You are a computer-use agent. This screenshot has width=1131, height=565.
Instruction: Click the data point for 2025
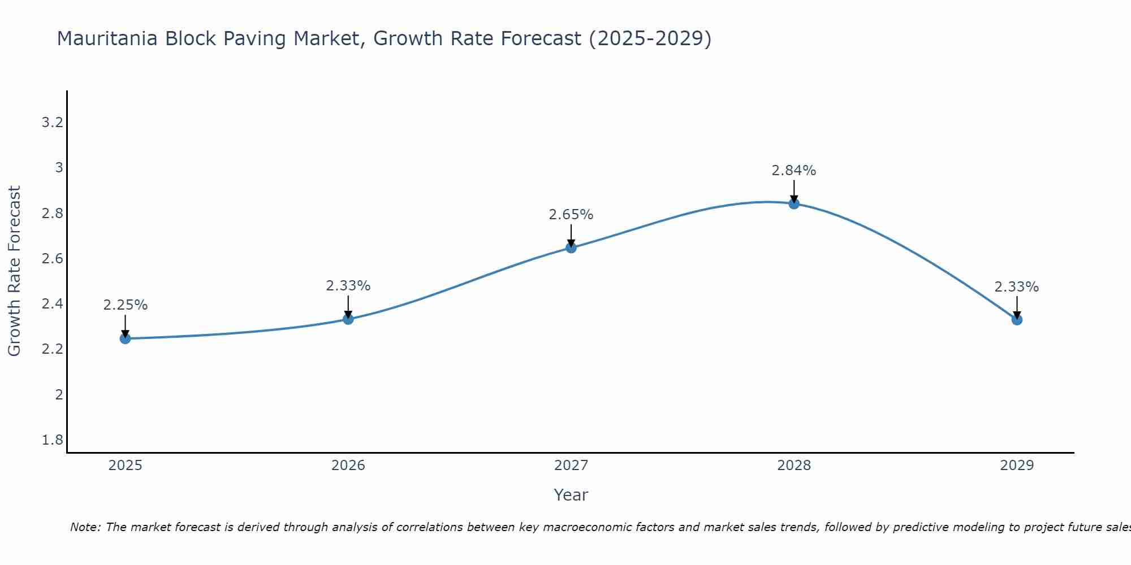tap(126, 338)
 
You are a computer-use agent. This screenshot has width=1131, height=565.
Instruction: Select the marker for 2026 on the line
tap(348, 319)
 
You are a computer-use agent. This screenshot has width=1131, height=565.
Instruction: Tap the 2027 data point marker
tap(571, 247)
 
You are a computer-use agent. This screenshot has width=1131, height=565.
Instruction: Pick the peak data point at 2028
tap(794, 204)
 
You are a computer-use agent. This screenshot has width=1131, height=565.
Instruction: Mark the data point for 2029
tap(1017, 320)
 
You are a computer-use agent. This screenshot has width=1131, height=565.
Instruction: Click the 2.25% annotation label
tap(126, 305)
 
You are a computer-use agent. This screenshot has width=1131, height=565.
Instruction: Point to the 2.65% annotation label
tap(571, 215)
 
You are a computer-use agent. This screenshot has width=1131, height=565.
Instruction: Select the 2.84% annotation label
tap(794, 171)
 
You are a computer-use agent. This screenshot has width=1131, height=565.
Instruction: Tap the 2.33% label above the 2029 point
tap(1017, 287)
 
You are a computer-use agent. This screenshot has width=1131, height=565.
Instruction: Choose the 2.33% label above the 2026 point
tap(348, 286)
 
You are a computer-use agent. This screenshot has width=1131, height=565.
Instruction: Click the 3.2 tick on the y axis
tap(52, 123)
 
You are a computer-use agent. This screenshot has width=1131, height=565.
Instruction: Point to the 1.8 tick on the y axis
tap(52, 440)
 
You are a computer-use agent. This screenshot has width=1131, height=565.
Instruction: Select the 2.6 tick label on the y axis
tap(52, 259)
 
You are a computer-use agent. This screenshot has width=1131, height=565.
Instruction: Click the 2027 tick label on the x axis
tap(571, 466)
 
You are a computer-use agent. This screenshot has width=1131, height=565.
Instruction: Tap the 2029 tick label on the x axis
tap(1017, 466)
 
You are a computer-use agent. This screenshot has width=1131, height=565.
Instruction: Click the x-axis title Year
tap(571, 495)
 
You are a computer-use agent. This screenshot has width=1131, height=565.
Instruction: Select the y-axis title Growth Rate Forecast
tap(14, 271)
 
